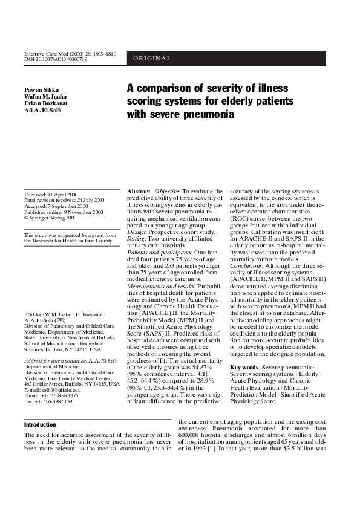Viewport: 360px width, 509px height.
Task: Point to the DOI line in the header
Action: (x=56, y=59)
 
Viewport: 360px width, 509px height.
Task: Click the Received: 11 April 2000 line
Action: (x=51, y=195)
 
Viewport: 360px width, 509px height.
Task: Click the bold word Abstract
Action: (x=139, y=192)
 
